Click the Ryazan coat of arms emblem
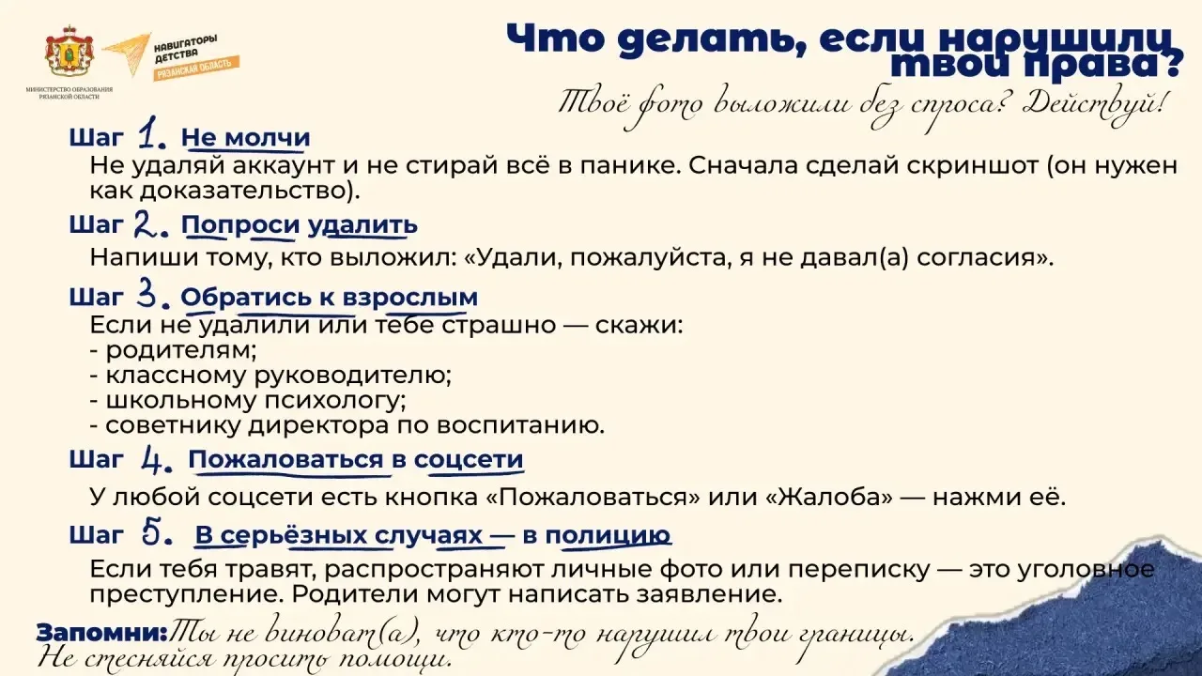69,51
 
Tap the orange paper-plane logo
127,54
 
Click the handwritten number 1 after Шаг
150,132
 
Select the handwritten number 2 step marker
150,223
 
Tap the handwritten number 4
156,460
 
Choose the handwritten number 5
157,533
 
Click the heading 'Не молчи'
246,137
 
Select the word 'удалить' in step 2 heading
362,225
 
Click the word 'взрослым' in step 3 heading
410,298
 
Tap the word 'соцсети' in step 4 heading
469,460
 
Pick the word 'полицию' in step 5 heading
608,535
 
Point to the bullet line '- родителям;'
174,351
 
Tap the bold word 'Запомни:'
102,634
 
